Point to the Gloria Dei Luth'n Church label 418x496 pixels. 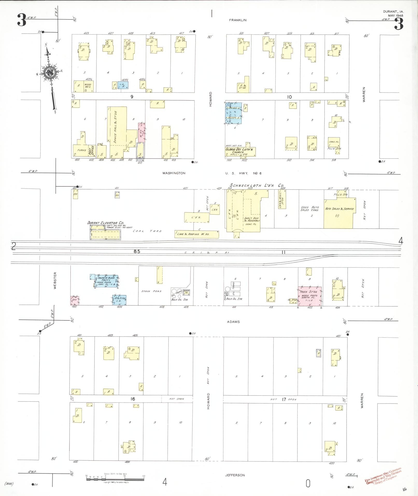click(x=240, y=151)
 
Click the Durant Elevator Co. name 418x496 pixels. click(x=105, y=223)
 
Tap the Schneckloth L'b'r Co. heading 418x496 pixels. click(x=255, y=186)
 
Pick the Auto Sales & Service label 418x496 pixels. click(x=339, y=209)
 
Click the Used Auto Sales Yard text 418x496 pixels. click(x=310, y=209)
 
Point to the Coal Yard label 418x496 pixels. click(x=147, y=231)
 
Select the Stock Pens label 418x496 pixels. click(x=151, y=291)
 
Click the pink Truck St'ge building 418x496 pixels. click(x=310, y=296)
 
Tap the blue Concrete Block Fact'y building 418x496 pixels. click(x=106, y=281)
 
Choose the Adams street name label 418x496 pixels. click(x=233, y=322)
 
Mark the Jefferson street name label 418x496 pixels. click(x=235, y=475)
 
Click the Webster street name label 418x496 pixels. click(x=55, y=280)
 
